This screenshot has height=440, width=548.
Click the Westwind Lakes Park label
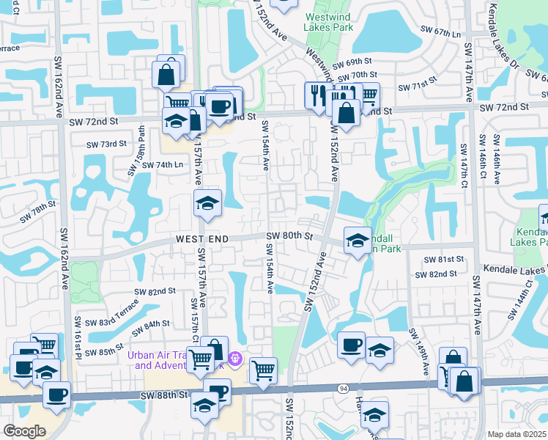(329, 20)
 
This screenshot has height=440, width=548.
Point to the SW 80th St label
(289, 236)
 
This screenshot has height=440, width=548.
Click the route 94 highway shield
(343, 388)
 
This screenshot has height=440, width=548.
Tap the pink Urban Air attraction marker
(235, 359)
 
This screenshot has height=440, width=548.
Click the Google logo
(24, 430)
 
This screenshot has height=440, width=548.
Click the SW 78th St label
(37, 212)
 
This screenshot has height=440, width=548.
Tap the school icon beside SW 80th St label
(358, 241)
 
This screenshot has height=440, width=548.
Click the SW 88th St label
(168, 395)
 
